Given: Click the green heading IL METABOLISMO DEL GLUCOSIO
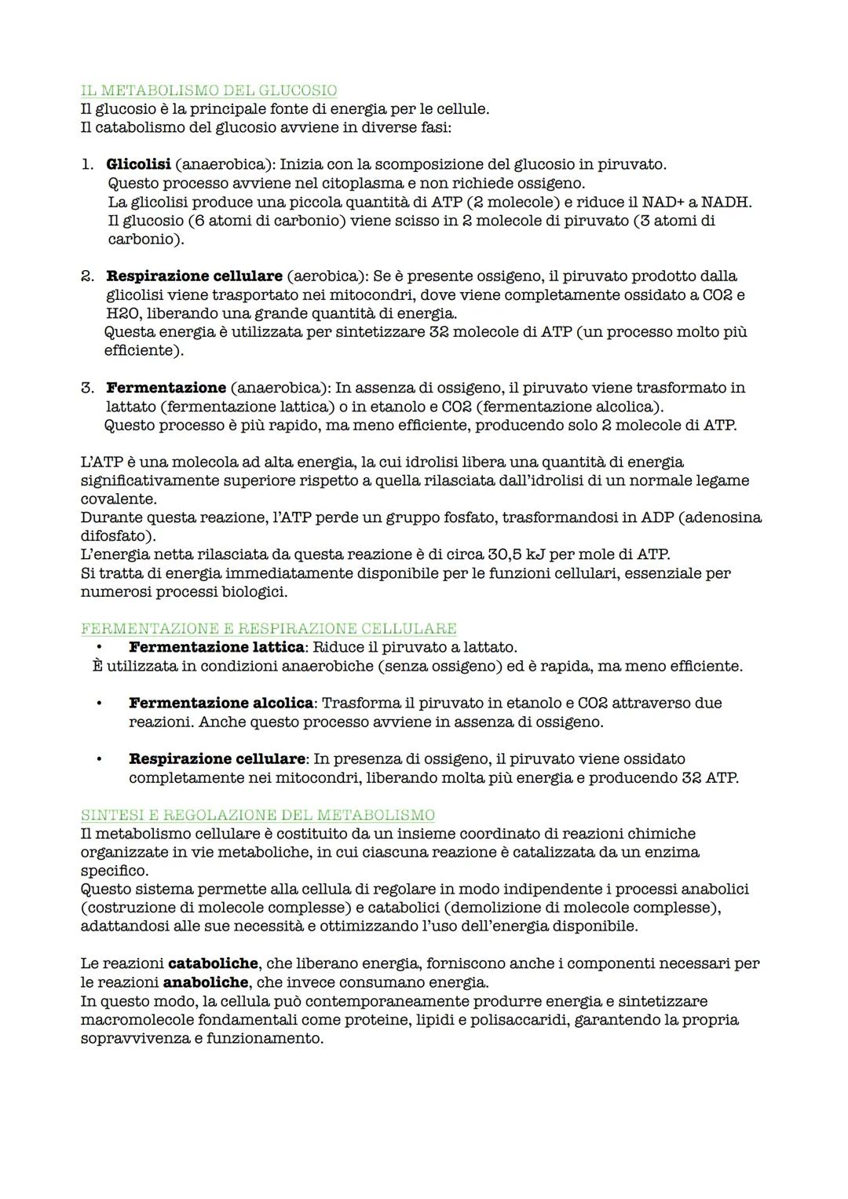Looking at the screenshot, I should coord(209,90).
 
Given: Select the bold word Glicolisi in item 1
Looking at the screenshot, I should coord(138,165).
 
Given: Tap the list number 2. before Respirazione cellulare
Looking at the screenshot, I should coord(87,276).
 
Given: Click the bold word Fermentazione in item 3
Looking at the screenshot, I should coord(166,388).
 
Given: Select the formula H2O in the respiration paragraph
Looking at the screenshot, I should coord(122,313).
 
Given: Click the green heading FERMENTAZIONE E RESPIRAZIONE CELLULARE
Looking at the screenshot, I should coord(269,629).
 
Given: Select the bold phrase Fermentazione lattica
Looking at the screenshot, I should coord(216,648).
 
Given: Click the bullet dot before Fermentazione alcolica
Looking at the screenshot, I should coord(99,704).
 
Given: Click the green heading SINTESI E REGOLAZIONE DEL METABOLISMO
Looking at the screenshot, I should coord(258,815).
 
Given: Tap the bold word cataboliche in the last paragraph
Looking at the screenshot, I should coord(213,963).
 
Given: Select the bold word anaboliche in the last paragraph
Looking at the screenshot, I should coord(206,983).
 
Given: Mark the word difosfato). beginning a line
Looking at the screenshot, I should coord(118,536).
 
